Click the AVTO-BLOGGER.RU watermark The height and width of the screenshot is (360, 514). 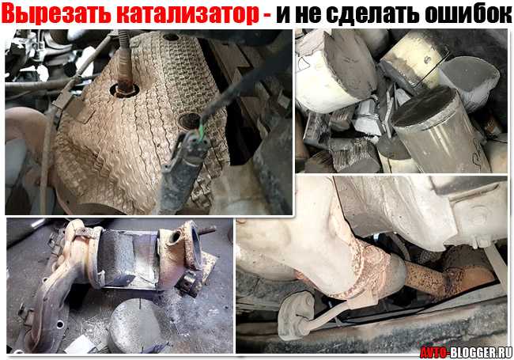click(x=466, y=352)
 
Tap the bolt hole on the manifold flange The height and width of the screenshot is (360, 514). click(x=60, y=324)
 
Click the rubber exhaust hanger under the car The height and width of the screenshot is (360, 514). click(x=296, y=316)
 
